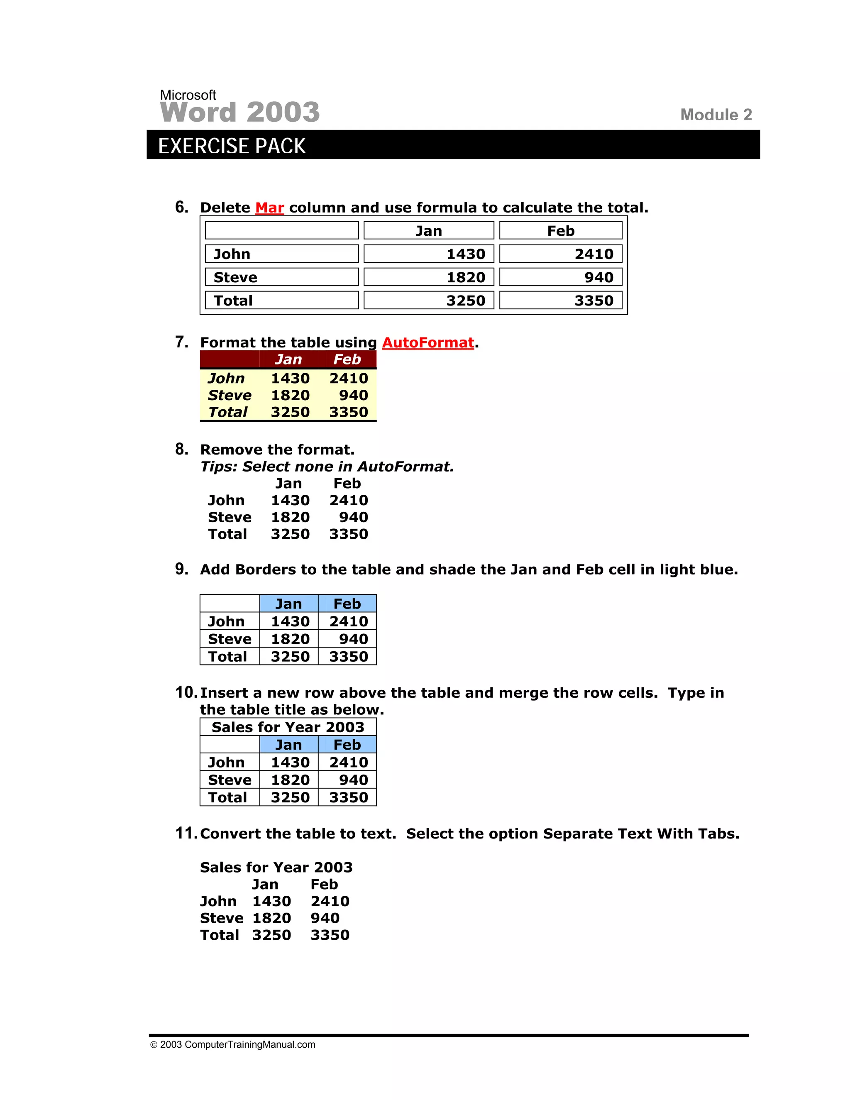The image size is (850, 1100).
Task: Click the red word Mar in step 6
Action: [269, 208]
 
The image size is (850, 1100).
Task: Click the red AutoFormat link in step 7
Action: [427, 342]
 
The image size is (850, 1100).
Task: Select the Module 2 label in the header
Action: [716, 115]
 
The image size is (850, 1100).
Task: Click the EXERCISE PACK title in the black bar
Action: [232, 146]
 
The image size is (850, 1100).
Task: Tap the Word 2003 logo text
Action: [240, 111]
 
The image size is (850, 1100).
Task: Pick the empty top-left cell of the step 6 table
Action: [281, 231]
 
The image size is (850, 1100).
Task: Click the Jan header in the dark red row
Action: [288, 359]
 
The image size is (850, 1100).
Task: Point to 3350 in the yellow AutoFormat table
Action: [349, 412]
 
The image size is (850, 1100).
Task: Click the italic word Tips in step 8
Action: [219, 467]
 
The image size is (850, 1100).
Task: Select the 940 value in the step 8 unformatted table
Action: [353, 517]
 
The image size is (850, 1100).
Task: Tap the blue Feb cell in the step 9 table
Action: [347, 604]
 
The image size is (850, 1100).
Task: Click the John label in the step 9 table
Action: [226, 621]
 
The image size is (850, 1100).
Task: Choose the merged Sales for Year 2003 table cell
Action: [288, 727]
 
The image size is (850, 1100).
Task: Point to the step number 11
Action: [186, 833]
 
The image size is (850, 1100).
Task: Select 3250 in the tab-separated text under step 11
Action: [271, 935]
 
